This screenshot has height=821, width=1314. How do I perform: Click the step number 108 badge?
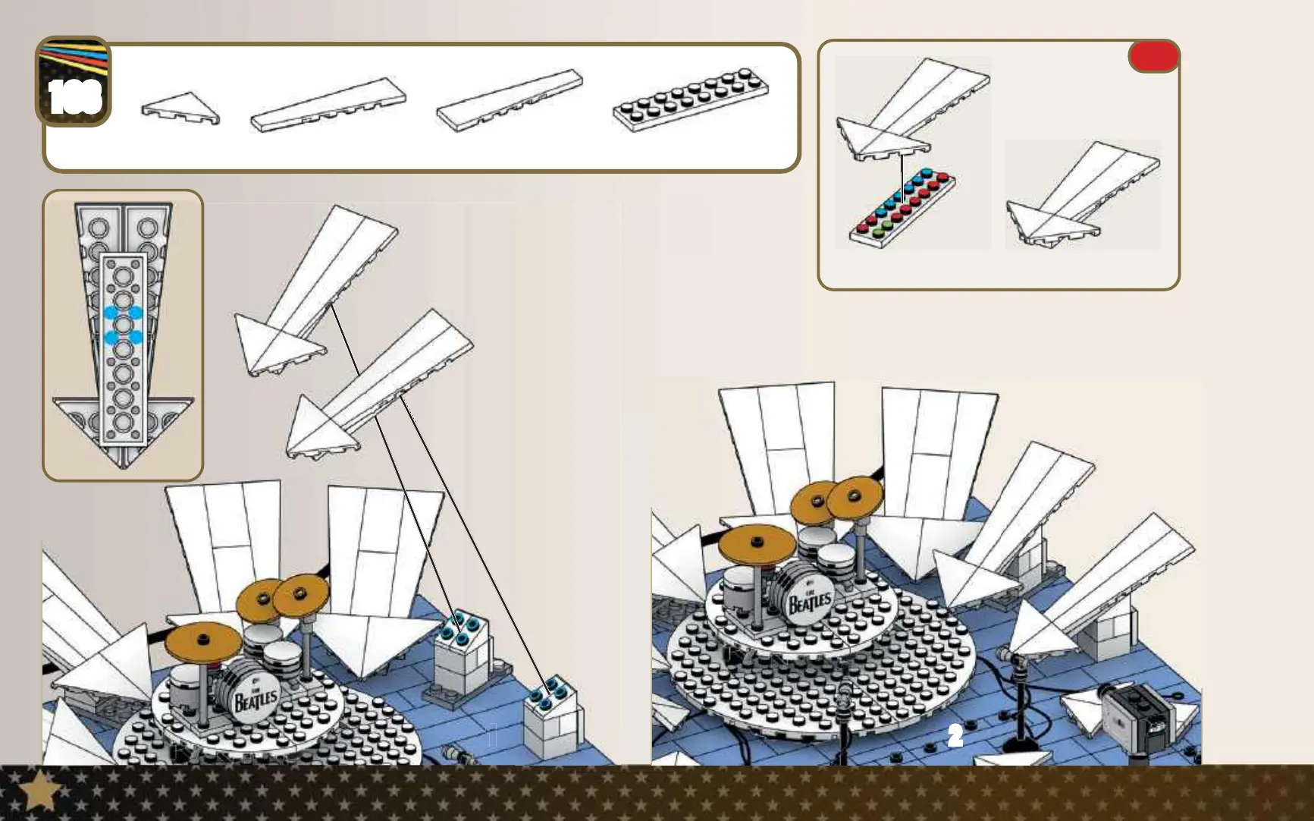pos(74,83)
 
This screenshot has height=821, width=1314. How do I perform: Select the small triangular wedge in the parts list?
pos(180,109)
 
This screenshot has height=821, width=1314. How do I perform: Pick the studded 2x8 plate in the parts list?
pos(691,102)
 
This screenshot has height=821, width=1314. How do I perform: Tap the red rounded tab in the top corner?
pos(1153,56)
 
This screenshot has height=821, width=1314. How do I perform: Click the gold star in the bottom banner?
pos(39,792)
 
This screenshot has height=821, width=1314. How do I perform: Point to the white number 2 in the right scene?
pos(955,735)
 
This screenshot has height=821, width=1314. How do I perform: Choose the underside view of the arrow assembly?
pos(123,335)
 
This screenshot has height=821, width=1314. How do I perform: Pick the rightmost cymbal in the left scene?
pos(300,594)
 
